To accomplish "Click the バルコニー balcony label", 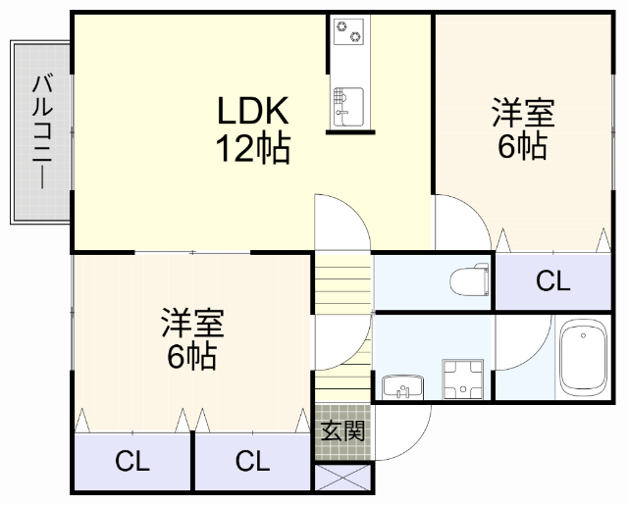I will coord(42,131).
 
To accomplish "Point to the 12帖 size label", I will coord(252,148).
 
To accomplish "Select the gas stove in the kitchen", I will coord(348,32).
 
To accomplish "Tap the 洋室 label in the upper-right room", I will coord(523,113).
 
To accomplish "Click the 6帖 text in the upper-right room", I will coord(522,147).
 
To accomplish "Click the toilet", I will coord(470,281).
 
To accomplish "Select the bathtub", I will coord(585,359).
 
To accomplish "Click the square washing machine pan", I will coord(463,379).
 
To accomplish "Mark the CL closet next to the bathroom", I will coord(552,282).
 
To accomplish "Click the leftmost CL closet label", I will coord(132,461).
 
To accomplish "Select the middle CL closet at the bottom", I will coord(252,461).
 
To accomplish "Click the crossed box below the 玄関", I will coord(343,480).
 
